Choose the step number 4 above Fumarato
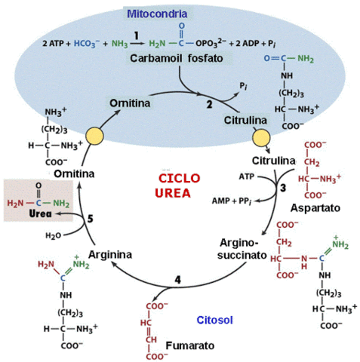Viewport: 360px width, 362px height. (177, 280)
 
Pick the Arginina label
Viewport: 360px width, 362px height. (110, 253)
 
